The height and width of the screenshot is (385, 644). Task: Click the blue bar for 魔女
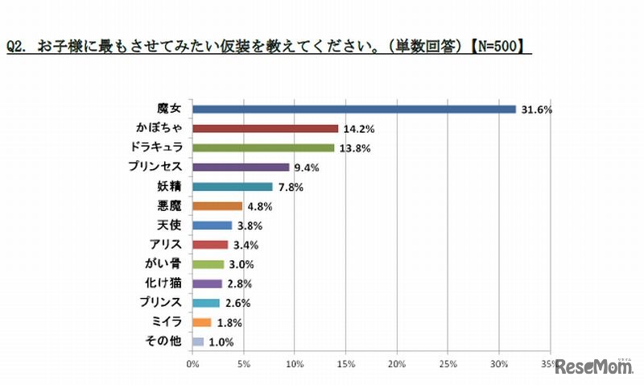point(354,110)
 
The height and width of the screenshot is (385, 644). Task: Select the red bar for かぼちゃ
point(266,129)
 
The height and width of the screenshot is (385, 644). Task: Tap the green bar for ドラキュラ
point(263,148)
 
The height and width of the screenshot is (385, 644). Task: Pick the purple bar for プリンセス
point(241,168)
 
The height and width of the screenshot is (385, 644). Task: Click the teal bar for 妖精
point(233,187)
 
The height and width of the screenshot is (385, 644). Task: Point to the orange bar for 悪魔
point(217,206)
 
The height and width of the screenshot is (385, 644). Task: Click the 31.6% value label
point(535,110)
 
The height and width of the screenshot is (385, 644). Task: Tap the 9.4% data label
point(307,168)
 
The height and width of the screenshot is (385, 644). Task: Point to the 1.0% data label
point(221,342)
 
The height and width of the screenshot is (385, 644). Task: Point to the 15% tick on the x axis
point(345,364)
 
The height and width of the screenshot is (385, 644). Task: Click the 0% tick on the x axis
point(193,364)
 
